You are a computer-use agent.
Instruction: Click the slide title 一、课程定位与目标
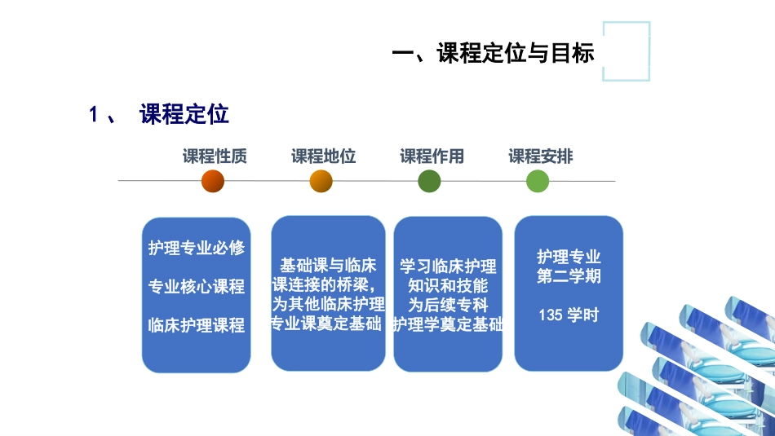point(493,54)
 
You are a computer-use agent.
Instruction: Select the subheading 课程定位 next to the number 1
point(184,114)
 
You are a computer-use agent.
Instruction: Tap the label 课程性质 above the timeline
point(215,156)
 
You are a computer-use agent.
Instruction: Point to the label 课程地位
point(324,156)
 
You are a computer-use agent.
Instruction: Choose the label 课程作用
point(432,156)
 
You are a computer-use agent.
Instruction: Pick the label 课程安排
point(541,156)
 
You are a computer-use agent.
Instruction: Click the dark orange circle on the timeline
point(212,181)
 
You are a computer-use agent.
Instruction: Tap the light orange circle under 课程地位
point(321,181)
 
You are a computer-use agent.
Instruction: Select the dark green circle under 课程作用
point(429,181)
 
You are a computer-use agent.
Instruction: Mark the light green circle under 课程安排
point(538,181)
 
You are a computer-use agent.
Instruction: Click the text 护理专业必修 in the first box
point(197,248)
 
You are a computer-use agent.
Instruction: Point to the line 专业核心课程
point(197,287)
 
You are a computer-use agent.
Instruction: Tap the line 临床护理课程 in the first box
point(197,325)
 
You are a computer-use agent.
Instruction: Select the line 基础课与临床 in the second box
point(328,266)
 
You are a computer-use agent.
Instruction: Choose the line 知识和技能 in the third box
point(448,286)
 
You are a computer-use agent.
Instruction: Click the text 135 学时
point(569,315)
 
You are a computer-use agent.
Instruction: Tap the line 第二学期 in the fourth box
point(569,276)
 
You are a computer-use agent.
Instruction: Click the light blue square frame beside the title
point(627,51)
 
